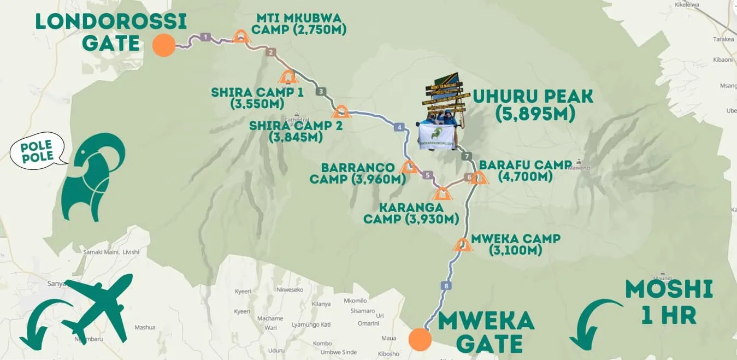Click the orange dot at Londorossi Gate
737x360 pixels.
[x=164, y=45]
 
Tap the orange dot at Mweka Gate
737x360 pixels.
[x=420, y=339]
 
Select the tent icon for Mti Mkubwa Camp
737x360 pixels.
[x=240, y=37]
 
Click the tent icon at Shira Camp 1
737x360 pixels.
[x=287, y=76]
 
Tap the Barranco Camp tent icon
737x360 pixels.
[x=409, y=167]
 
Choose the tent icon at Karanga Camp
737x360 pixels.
[x=443, y=193]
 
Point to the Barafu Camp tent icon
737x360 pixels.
[x=479, y=178]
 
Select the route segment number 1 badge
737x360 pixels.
[x=205, y=37]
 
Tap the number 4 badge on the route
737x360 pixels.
[x=400, y=128]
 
